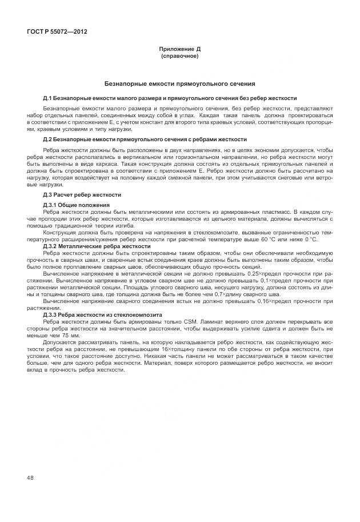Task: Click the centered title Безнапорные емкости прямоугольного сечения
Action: pos(179,83)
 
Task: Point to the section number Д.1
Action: pos(47,98)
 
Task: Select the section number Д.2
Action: pos(47,139)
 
